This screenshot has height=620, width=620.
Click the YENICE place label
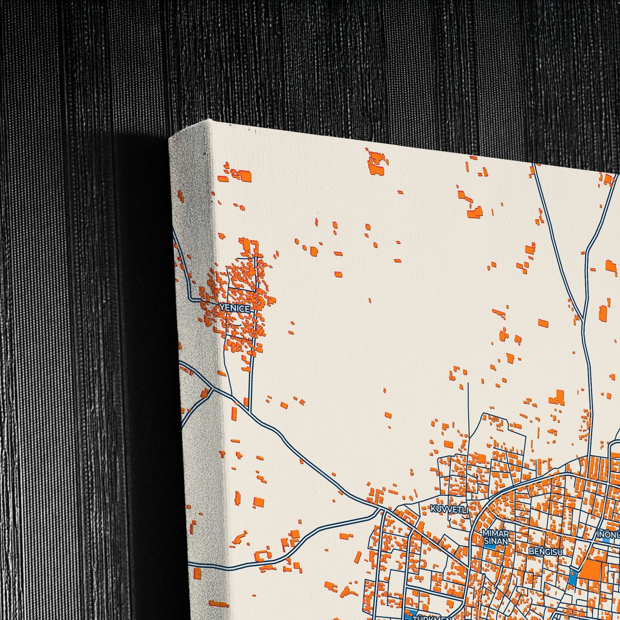pyautogui.click(x=234, y=308)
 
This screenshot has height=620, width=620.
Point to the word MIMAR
pyautogui.click(x=496, y=533)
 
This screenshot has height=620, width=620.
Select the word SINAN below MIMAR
pyautogui.click(x=496, y=541)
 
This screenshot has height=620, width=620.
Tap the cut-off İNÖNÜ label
pyautogui.click(x=608, y=535)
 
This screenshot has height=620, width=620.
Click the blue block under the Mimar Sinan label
pyautogui.click(x=490, y=547)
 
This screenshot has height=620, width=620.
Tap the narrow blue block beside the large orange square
pyautogui.click(x=572, y=580)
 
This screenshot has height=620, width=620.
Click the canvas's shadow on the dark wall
pyautogui.click(x=142, y=343)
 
